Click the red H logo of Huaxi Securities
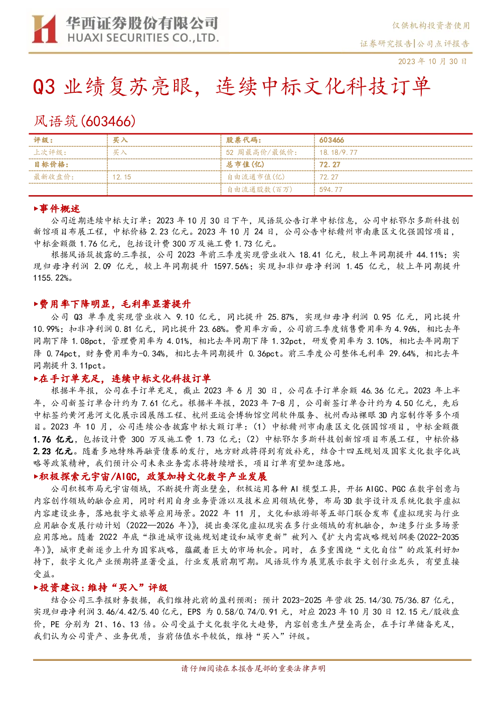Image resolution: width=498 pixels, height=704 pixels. [x=44, y=29]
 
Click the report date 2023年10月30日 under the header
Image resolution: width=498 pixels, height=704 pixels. [x=433, y=61]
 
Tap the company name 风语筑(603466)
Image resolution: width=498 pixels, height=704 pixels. [x=85, y=121]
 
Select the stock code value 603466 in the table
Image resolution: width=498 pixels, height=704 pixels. [x=331, y=140]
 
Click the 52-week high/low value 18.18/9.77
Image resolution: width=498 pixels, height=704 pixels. [x=339, y=152]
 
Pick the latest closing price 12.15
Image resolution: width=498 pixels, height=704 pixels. [x=122, y=177]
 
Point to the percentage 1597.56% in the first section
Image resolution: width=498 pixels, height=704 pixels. [x=231, y=267]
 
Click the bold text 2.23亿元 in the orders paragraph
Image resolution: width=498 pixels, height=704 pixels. [x=53, y=451]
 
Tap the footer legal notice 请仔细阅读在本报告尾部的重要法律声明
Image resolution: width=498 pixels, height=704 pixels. [x=253, y=668]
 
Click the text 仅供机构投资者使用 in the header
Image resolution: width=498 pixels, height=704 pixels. [x=431, y=26]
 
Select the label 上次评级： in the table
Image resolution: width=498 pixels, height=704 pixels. [x=50, y=152]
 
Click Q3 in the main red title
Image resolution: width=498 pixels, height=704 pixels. [x=44, y=87]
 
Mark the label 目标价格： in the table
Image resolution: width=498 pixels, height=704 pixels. [x=51, y=164]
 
